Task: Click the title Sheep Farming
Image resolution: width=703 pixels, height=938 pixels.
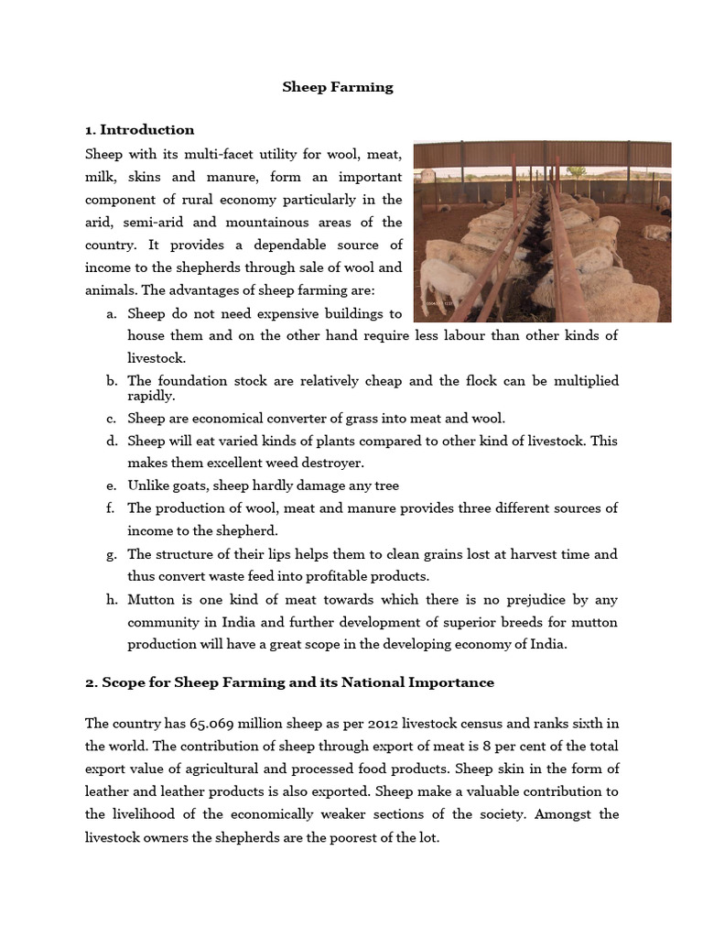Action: tap(338, 87)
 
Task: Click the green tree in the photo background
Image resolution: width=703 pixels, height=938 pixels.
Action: tap(576, 171)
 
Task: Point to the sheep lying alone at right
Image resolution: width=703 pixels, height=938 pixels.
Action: tap(655, 232)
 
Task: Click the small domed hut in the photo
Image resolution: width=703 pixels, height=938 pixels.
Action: tap(427, 174)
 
